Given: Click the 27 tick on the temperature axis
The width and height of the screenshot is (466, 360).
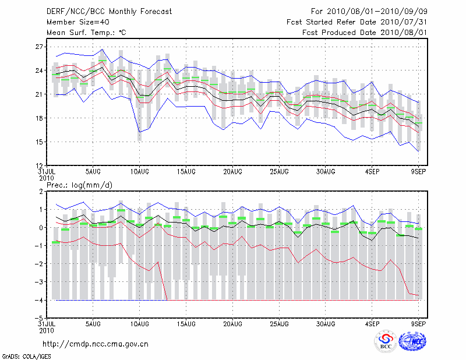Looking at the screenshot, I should pos(40,47).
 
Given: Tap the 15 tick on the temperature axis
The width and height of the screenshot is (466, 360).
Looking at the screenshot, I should pos(40,142).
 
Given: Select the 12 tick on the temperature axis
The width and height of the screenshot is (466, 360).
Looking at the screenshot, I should pos(40,165).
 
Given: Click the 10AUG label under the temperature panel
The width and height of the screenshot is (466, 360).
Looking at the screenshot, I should pos(139,172).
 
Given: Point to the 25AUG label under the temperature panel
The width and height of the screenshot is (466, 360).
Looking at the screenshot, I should pos(279,172).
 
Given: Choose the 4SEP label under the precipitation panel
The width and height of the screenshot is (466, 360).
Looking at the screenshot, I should pos(372,322).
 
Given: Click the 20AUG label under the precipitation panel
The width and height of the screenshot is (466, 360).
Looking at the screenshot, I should pos(232,322).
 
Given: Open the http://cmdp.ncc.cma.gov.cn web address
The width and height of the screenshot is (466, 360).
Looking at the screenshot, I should pos(96,344).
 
